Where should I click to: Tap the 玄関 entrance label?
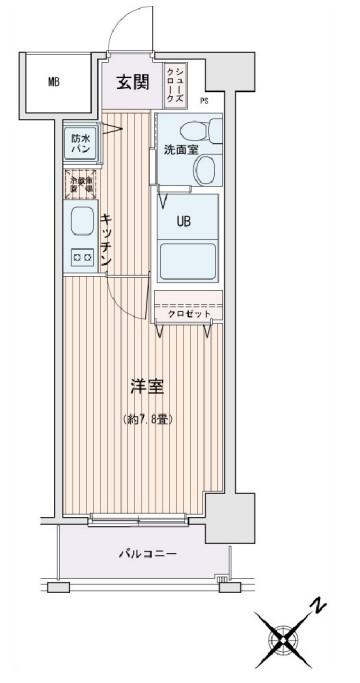pos(132,83)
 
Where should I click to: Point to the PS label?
pos(204,101)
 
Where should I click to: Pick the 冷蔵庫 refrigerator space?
pos(81,184)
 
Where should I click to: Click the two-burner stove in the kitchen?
pos(80,257)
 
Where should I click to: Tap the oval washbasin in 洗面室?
pos(204,171)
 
